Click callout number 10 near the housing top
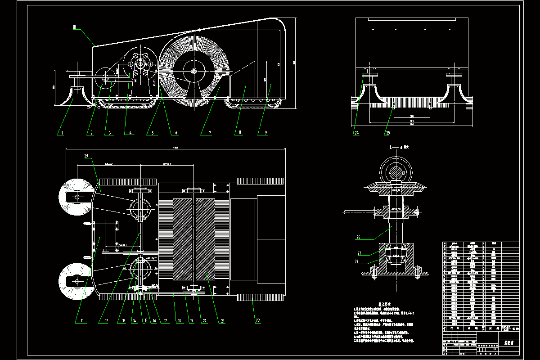pyautogui.click(x=75, y=27)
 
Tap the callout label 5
pyautogui.click(x=153, y=133)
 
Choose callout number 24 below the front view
pyautogui.click(x=356, y=133)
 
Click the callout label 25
pyautogui.click(x=387, y=133)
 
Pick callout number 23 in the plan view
pyautogui.click(x=86, y=156)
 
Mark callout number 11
pyautogui.click(x=82, y=321)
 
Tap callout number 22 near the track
pyautogui.click(x=258, y=321)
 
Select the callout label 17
pyautogui.click(x=166, y=321)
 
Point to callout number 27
pyautogui.click(x=359, y=253)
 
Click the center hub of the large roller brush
pyautogui.click(x=193, y=71)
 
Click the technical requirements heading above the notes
pyautogui.click(x=383, y=304)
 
